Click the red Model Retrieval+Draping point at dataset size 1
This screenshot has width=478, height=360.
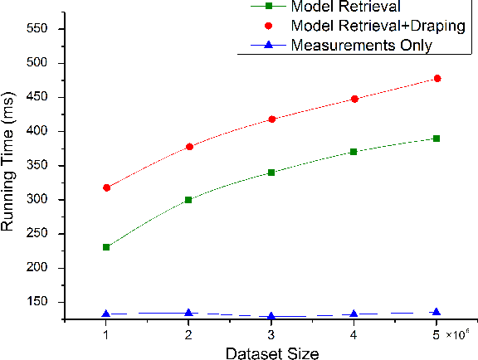[x=106, y=187]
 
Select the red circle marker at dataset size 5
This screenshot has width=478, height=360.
[x=437, y=78]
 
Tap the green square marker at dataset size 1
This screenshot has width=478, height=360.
[x=106, y=247]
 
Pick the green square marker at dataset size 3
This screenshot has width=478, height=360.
[x=271, y=173]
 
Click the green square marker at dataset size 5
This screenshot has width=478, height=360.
[x=437, y=139]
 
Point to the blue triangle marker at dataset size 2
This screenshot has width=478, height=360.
[x=188, y=313]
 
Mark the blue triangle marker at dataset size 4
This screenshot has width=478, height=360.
[x=354, y=314]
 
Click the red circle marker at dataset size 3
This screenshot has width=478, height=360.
[x=271, y=119]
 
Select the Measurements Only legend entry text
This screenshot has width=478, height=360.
[x=361, y=46]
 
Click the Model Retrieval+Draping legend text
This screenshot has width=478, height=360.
[x=378, y=26]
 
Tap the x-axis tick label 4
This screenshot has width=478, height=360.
[x=354, y=334]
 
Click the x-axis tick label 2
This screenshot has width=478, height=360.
[x=188, y=334]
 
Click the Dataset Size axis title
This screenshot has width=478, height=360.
[x=271, y=353]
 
